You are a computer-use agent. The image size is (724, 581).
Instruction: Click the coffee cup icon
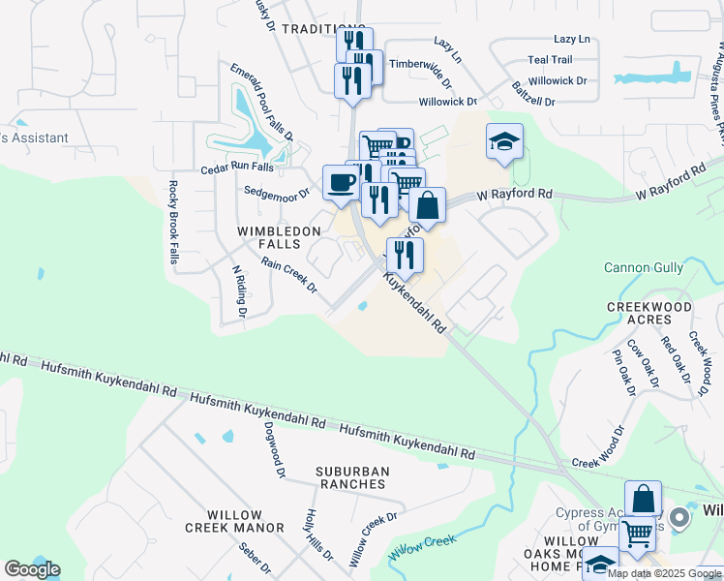point(341,182)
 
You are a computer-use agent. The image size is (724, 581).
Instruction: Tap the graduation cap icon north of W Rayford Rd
point(504,142)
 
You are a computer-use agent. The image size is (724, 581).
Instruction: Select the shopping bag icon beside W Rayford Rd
point(427,205)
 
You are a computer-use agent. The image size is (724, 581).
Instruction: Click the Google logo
point(32,569)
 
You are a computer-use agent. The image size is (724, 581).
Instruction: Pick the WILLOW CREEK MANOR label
point(247,521)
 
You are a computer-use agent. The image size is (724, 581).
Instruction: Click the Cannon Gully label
point(642,267)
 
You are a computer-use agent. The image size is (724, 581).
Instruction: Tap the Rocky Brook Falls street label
point(174,222)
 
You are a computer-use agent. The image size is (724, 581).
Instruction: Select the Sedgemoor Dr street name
point(276,193)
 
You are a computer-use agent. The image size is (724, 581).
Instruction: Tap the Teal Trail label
point(550,59)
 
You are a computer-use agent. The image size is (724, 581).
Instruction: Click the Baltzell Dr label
point(533,101)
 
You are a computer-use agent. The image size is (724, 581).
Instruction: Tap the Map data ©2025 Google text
point(663,573)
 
